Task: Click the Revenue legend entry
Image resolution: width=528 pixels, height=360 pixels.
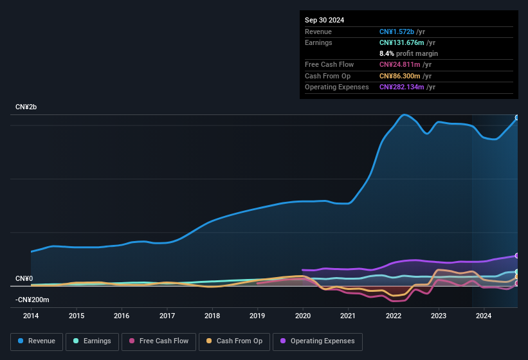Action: [36, 341]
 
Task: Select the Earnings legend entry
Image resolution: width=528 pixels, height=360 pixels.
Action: [92, 341]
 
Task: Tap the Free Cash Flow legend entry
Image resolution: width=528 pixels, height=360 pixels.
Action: [159, 341]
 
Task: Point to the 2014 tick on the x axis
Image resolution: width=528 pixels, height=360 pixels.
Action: [31, 316]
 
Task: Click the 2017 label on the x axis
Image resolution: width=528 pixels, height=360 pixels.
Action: [167, 316]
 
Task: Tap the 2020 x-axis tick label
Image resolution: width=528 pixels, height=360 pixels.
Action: [303, 316]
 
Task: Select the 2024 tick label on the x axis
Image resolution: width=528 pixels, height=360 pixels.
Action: [484, 316]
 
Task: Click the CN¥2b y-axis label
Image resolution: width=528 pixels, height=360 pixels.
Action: [26, 107]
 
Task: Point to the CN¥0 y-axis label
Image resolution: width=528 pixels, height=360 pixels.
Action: [24, 278]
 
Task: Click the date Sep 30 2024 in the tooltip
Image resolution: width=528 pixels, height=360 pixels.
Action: [324, 20]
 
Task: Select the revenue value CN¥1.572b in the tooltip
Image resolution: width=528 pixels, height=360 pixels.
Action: [401, 32]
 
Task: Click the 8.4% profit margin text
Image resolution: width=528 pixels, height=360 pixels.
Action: [408, 53]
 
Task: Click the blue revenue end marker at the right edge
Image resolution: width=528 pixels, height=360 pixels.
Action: [517, 118]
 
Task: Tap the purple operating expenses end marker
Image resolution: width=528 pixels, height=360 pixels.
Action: [517, 256]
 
